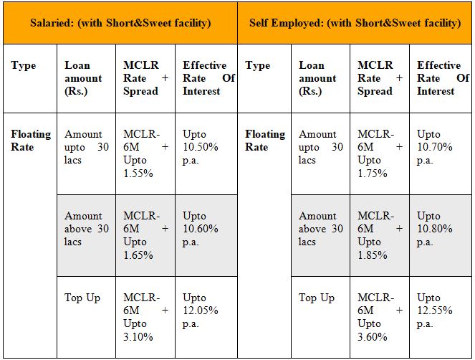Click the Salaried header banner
120,23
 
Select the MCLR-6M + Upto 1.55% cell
145,153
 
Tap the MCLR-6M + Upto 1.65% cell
145,235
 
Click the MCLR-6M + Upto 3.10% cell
145,317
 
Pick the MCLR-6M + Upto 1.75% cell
379,153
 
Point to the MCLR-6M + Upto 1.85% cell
379,235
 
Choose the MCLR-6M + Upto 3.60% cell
379,317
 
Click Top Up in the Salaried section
82,298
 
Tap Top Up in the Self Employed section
317,298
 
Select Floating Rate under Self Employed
265,141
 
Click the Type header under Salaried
24,66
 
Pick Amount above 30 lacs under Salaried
86,229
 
